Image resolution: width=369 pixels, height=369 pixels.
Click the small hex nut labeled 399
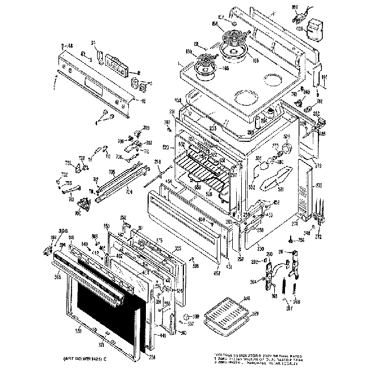pos(187,316)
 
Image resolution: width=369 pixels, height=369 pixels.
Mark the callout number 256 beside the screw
pos(301,240)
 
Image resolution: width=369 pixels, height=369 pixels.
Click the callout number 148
pos(70,45)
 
